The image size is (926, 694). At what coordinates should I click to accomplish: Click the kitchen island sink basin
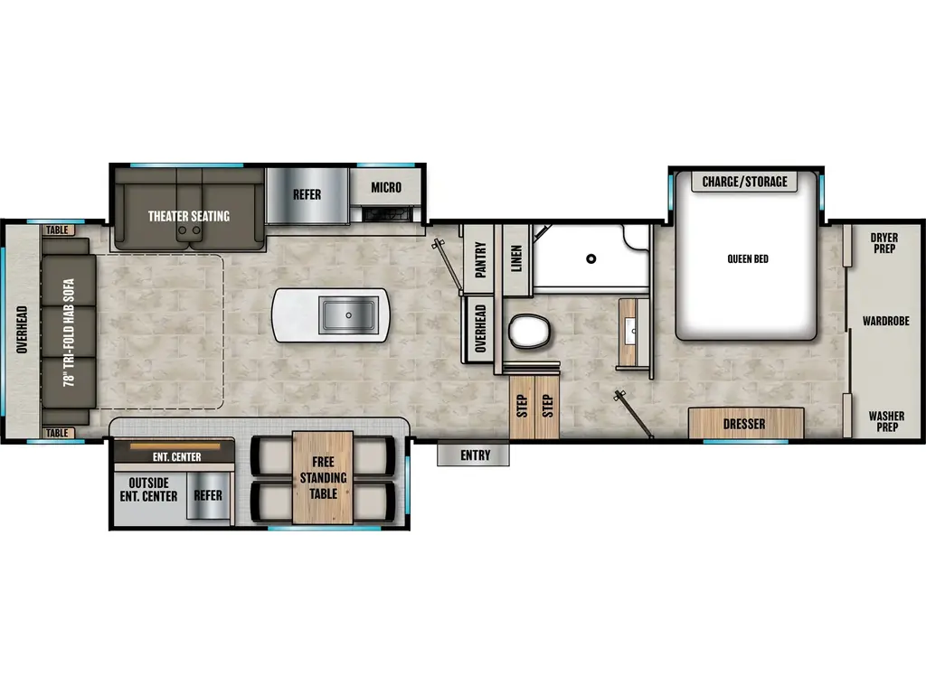coord(348,314)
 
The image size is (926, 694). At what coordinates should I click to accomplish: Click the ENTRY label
coord(474,455)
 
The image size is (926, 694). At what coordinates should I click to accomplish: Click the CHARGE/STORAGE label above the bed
coord(745,182)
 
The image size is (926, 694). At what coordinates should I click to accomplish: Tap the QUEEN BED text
coord(748,258)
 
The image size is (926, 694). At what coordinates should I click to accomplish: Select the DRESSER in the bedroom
coord(745,424)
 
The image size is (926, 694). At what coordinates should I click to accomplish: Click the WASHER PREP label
coord(885,422)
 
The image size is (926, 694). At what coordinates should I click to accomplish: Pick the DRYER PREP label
coord(884,243)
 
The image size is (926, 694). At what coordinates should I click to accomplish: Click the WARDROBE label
coord(884,321)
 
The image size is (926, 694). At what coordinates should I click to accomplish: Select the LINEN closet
coord(516,258)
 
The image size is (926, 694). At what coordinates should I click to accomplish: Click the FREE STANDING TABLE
coord(323,479)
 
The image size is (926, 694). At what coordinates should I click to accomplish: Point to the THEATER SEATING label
coord(189,216)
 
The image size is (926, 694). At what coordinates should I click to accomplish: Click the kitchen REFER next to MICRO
coord(307,194)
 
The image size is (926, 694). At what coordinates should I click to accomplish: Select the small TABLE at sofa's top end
coord(58,230)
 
